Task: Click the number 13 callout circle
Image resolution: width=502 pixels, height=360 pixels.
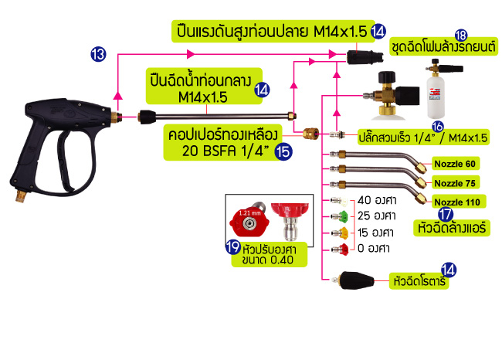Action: point(98,54)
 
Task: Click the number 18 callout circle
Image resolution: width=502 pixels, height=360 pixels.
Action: point(461,35)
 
